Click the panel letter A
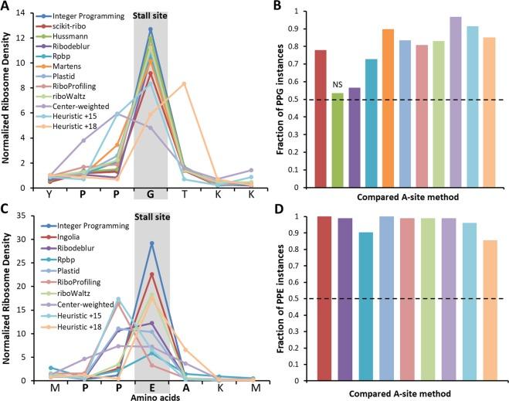[x=5, y=7]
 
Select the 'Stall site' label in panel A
[x=151, y=15]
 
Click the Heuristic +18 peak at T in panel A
[x=184, y=83]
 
